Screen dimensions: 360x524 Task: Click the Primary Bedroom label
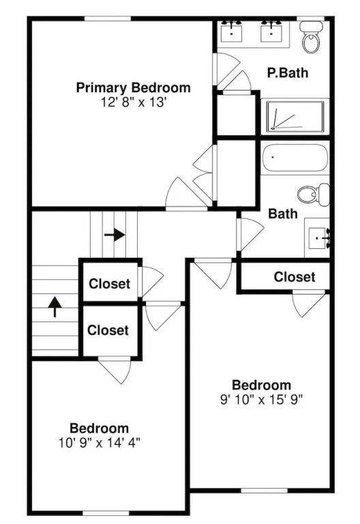coord(133,88)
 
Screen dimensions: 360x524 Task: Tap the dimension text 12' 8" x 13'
coord(134,102)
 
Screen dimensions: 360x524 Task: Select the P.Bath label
coord(288,72)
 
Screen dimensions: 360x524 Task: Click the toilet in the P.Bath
coord(311,37)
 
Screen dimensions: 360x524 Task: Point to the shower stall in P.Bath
coord(295,117)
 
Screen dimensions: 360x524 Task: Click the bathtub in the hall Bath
coord(295,158)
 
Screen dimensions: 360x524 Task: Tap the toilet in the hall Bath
coord(314,194)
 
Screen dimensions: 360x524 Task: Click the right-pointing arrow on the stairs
coord(115,235)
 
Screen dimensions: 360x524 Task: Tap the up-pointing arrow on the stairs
coord(55,306)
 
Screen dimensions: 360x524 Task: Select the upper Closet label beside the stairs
coord(110,284)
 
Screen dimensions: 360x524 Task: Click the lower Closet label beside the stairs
coord(108,330)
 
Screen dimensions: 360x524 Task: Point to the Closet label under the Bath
coord(295,277)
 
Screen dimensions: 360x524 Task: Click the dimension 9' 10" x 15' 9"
coord(262,399)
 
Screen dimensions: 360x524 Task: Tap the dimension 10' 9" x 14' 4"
coord(99,443)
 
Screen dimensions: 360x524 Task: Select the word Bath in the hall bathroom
coord(283,214)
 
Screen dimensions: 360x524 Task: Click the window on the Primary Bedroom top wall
coord(107,18)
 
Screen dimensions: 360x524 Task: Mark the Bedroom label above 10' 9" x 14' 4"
coord(99,428)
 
